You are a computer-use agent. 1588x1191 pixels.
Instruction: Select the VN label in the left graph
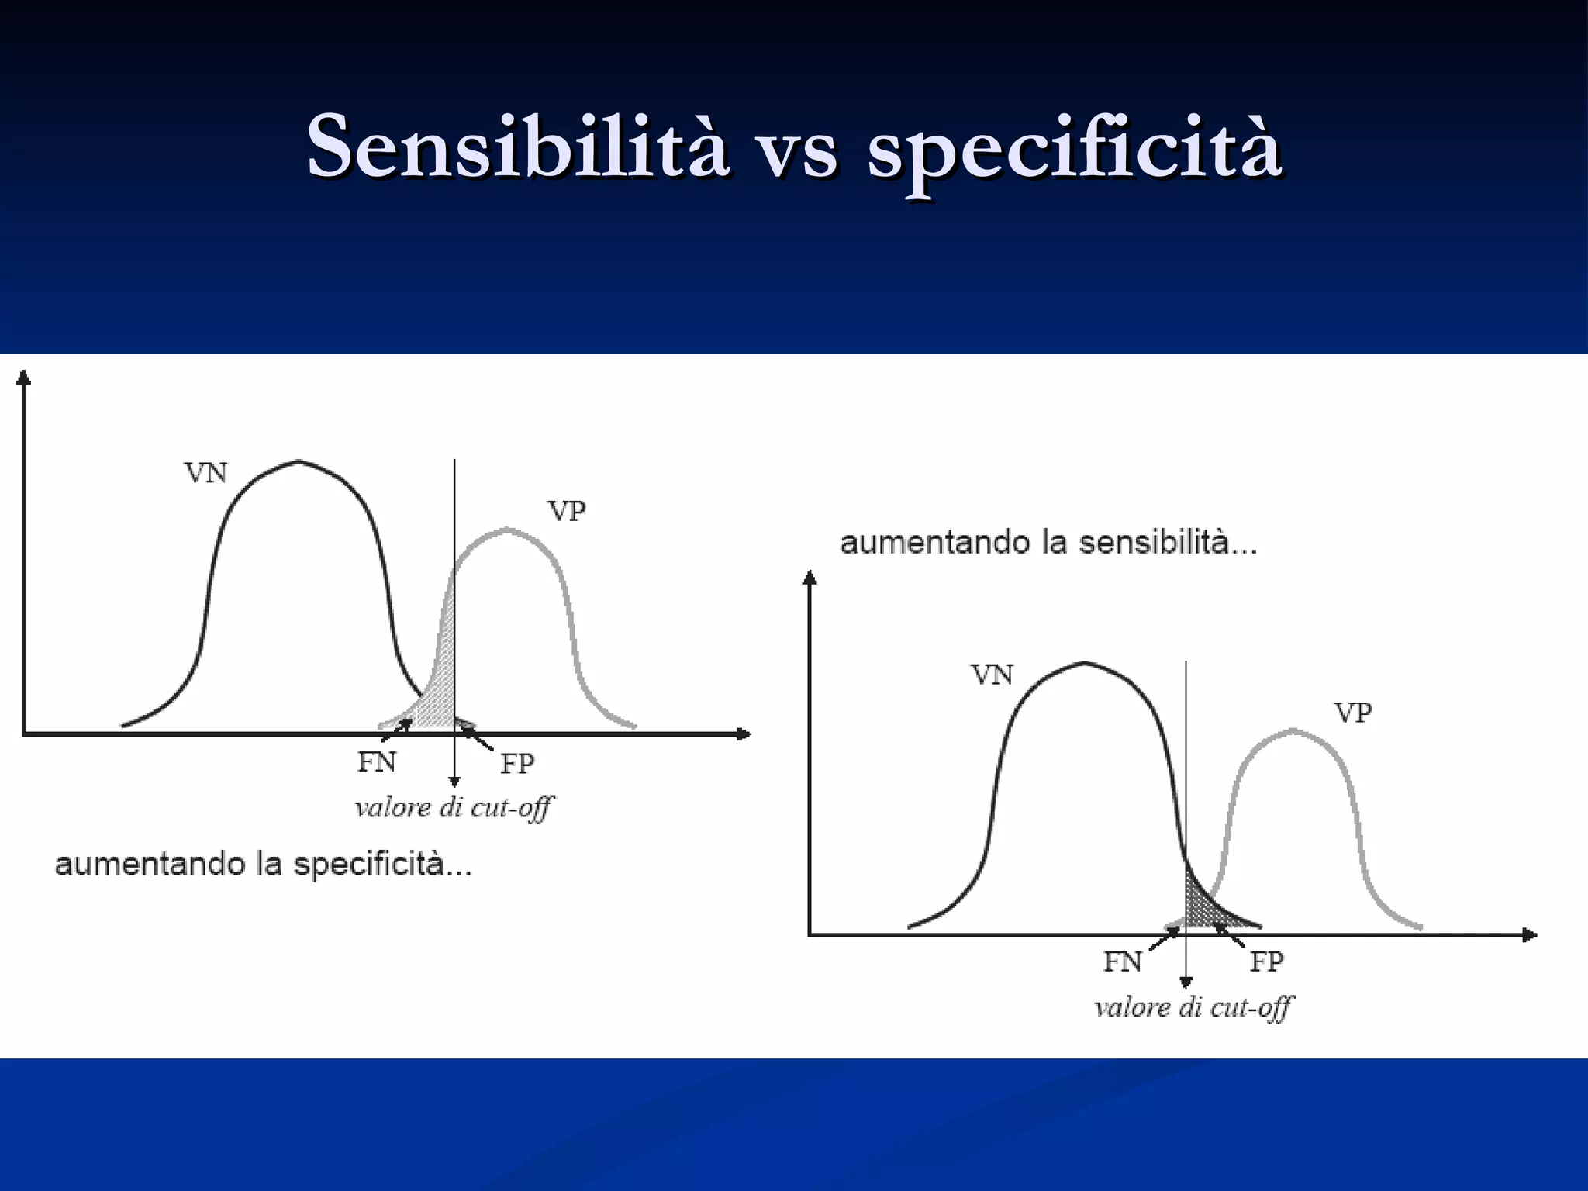click(205, 473)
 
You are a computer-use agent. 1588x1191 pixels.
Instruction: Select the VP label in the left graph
click(567, 511)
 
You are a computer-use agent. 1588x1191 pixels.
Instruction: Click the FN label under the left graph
click(377, 763)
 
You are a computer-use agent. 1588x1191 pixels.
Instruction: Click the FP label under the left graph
click(517, 765)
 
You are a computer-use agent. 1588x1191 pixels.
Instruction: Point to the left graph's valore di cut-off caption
click(454, 808)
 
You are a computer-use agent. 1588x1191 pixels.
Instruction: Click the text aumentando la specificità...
click(264, 865)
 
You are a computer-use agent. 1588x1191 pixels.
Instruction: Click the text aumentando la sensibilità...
click(1048, 543)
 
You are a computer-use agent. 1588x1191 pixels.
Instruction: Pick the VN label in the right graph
click(992, 675)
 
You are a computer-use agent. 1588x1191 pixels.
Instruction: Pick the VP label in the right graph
click(1353, 713)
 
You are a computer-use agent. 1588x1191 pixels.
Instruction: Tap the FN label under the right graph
click(1123, 962)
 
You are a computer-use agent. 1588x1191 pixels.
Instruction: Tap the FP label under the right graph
click(1266, 962)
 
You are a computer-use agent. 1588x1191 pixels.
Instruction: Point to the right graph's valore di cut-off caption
click(1193, 1008)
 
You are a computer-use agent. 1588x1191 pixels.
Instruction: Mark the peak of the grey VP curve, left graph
click(506, 530)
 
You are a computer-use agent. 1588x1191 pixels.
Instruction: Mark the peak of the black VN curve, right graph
click(1084, 662)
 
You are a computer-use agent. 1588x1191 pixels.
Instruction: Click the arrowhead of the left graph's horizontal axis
click(745, 734)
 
